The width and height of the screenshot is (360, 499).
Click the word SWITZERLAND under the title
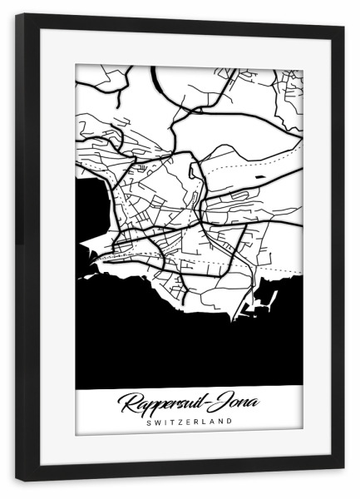coord(189,422)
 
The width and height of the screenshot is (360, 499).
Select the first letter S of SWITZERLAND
coord(147,422)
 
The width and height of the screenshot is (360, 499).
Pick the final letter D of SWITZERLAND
coord(230,422)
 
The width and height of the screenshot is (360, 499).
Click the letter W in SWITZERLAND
coord(155,422)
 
